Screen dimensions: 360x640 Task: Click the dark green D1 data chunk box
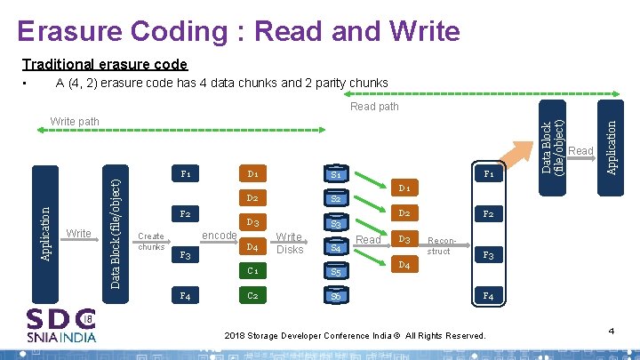coord(253,173)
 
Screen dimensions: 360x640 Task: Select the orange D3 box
coord(404,239)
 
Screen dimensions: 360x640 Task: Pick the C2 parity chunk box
coord(253,295)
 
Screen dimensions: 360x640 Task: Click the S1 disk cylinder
coord(336,175)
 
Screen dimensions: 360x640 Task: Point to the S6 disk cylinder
coord(336,296)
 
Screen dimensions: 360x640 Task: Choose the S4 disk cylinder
coord(336,248)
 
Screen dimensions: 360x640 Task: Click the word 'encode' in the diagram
coord(219,236)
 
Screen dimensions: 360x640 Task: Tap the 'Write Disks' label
coord(289,243)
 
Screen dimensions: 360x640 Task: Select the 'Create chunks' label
coord(151,242)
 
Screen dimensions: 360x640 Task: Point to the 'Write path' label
coord(76,121)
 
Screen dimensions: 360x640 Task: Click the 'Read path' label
coord(374,107)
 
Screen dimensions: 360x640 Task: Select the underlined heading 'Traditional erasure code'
coord(105,64)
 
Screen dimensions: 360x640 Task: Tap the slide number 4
coord(612,331)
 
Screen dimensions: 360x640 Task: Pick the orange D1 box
coord(404,188)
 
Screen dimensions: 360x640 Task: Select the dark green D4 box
coord(253,246)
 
